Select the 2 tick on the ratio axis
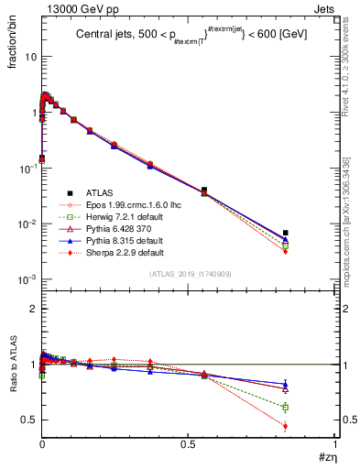pyautogui.click(x=30, y=309)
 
